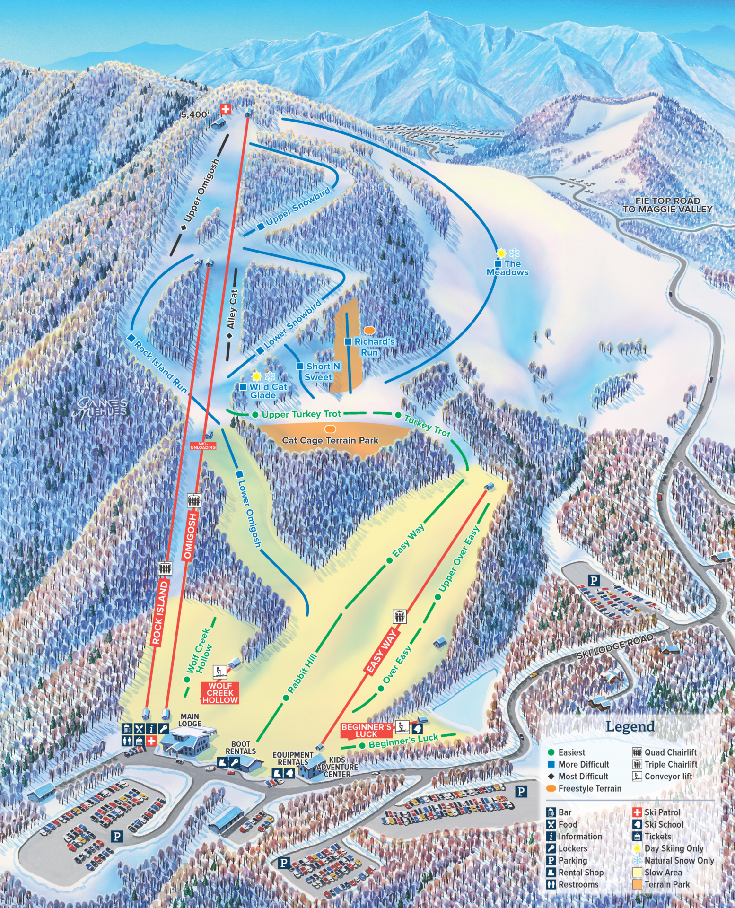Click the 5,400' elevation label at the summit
pyautogui.click(x=194, y=114)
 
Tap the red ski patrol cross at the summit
pyautogui.click(x=226, y=109)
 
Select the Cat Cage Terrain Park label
pyautogui.click(x=330, y=440)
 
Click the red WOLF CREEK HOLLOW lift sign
pyautogui.click(x=220, y=692)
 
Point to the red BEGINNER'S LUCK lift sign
pyautogui.click(x=367, y=730)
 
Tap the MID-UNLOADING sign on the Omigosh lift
pyautogui.click(x=203, y=445)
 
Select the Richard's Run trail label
pyautogui.click(x=374, y=347)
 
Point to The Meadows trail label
pyautogui.click(x=508, y=268)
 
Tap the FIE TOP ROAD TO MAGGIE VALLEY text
pyautogui.click(x=667, y=205)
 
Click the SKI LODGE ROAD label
pyautogui.click(x=614, y=646)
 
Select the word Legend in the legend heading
pyautogui.click(x=630, y=726)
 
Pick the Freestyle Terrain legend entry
pyautogui.click(x=589, y=788)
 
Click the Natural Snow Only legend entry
pyautogui.click(x=679, y=860)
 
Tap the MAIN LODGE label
pyautogui.click(x=190, y=720)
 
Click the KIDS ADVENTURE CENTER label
pyautogui.click(x=337, y=767)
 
